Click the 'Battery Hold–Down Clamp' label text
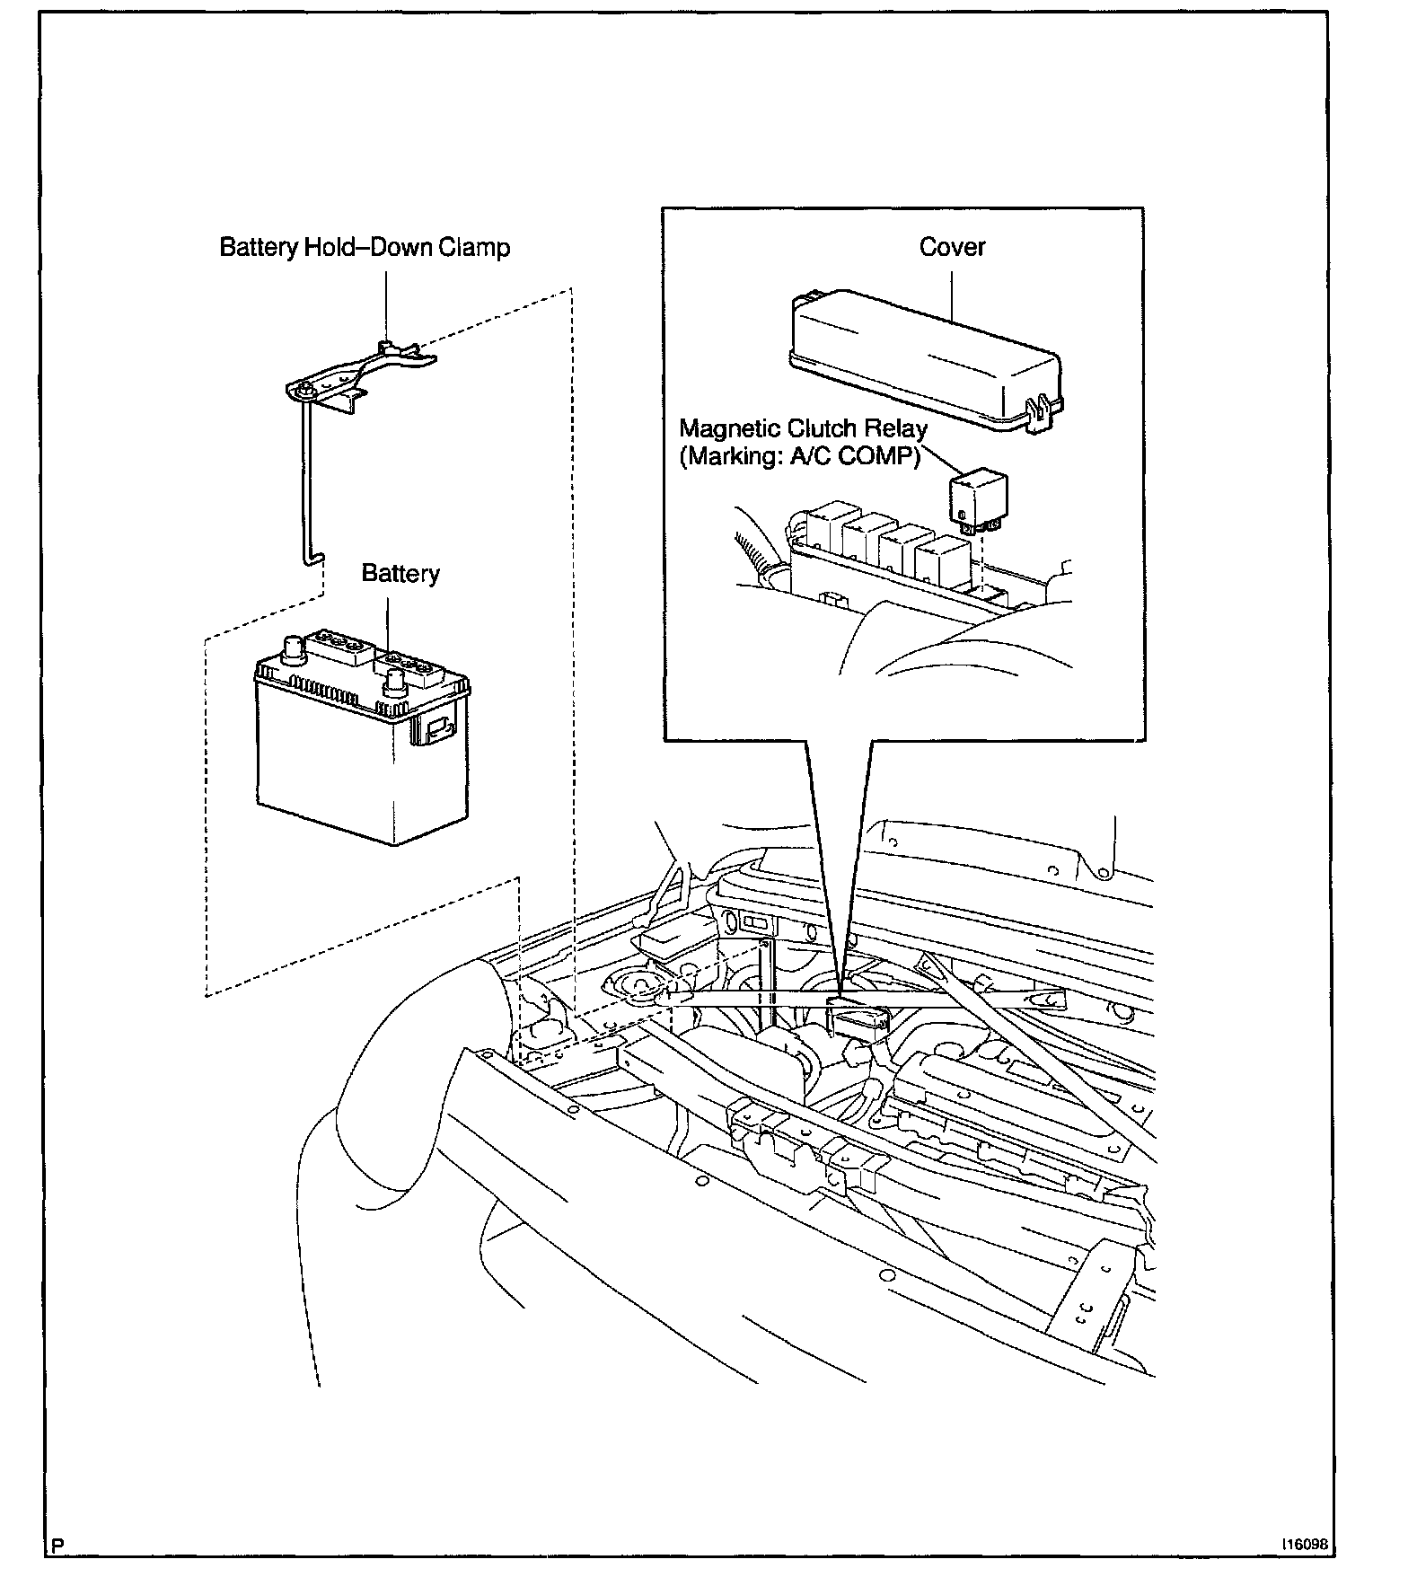point(365,247)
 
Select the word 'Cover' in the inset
point(952,247)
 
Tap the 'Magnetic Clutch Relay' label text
point(803,428)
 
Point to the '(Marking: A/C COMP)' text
point(800,456)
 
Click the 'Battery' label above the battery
point(400,573)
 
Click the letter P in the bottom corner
point(58,1546)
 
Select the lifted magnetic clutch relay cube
point(978,498)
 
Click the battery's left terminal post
point(292,648)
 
